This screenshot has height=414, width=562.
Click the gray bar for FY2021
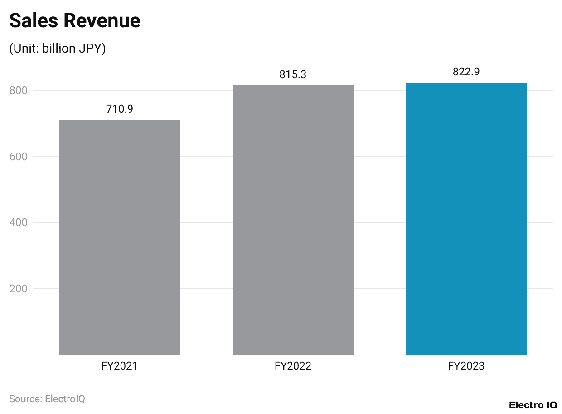point(120,237)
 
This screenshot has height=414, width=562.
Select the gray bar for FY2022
point(293,220)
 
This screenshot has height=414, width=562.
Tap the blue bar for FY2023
point(466,218)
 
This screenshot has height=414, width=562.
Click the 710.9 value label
point(120,109)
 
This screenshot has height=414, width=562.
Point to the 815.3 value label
point(293,74)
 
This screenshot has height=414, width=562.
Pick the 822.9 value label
point(466,72)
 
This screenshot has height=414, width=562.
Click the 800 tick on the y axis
point(19,90)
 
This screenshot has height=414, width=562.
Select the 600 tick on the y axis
point(19,157)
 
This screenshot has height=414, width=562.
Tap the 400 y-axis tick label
point(19,222)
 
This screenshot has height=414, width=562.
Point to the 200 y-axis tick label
point(19,289)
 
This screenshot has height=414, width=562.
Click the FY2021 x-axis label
point(120,366)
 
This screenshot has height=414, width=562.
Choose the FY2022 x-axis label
point(293,366)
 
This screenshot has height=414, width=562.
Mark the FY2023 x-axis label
point(466,366)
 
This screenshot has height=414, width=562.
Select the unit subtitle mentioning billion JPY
point(58,49)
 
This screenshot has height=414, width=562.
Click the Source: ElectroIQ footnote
point(47,399)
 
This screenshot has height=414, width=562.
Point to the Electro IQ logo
point(533,405)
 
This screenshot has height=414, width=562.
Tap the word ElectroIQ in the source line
point(65,399)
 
